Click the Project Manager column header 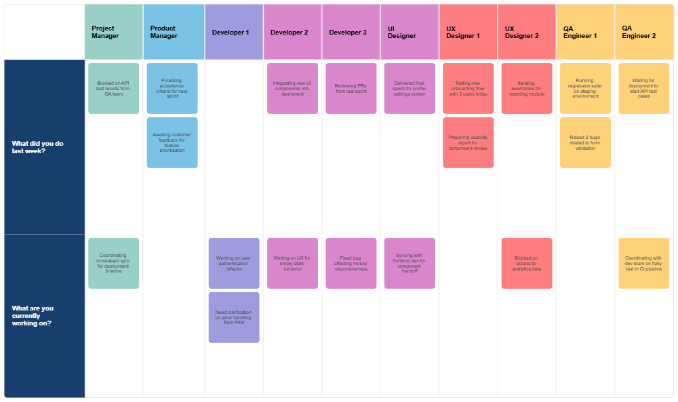tap(114, 32)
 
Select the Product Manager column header tap(173, 32)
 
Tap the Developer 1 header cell tap(233, 32)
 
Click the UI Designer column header tap(409, 32)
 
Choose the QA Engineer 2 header tap(643, 32)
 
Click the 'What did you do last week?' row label tap(44, 147)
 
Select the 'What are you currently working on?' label tap(44, 315)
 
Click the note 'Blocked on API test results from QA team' tap(114, 88)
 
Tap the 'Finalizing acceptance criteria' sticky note tap(172, 88)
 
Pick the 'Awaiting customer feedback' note tap(172, 142)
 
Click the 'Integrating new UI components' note tap(292, 88)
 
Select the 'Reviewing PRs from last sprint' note tap(351, 88)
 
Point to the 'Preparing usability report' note tap(468, 142)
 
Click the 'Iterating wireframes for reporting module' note tap(526, 88)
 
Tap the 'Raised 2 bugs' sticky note tap(585, 142)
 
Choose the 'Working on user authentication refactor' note tap(233, 263)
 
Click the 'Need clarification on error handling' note tap(233, 317)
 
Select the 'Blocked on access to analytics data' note tap(526, 263)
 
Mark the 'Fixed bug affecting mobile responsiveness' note tap(351, 263)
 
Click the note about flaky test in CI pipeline tap(643, 263)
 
